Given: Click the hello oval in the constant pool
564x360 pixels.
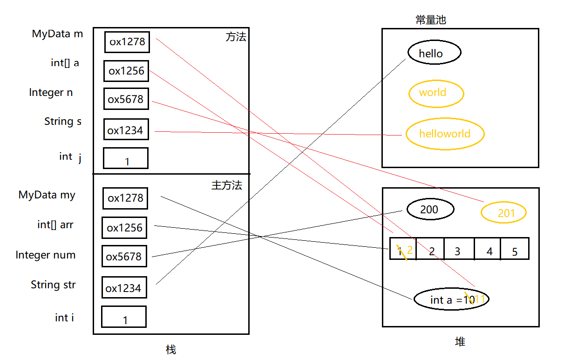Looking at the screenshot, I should [434, 53].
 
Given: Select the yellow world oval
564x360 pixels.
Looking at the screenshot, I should [436, 93].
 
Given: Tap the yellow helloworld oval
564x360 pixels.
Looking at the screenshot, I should [445, 134].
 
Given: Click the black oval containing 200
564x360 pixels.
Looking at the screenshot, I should [429, 210].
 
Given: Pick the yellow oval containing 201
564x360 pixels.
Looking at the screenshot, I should [503, 213].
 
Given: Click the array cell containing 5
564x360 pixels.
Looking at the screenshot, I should [515, 249].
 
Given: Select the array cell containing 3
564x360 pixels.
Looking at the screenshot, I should [459, 249].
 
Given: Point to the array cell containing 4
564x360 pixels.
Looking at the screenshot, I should [488, 249].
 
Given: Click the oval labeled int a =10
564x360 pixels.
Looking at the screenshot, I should [451, 300].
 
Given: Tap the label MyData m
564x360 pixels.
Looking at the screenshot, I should [57, 34].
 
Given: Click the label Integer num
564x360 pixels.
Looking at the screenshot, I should [45, 255].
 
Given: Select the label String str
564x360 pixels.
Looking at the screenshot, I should [53, 285].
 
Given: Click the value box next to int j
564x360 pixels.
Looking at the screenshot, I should [126, 158].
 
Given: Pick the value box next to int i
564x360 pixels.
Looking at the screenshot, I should [124, 317].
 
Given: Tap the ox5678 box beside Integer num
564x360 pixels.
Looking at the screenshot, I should [124, 256].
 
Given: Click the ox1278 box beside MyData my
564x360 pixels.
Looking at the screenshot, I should [125, 198].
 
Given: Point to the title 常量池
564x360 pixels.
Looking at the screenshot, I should [431, 20].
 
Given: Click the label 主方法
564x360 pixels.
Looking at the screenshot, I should [227, 185].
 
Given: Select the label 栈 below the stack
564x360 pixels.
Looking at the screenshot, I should [171, 349].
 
